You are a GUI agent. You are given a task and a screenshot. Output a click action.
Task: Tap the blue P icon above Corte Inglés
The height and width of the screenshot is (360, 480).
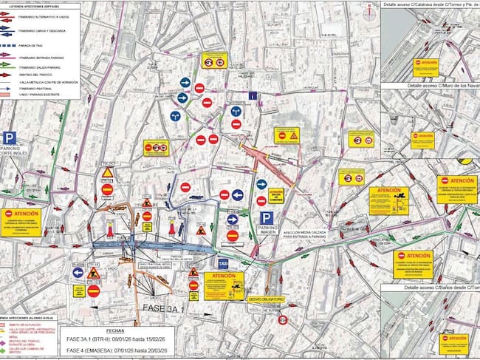click(x=10, y=138)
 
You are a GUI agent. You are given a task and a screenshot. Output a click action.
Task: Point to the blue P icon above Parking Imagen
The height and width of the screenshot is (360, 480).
click(x=267, y=218)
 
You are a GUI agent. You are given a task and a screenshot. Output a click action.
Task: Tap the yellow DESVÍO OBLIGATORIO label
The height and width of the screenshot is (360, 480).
click(x=265, y=300)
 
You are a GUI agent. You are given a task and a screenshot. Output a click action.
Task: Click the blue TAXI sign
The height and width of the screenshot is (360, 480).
click(x=222, y=263)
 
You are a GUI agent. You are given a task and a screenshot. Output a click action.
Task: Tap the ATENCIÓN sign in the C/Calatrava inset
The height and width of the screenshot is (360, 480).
click(x=425, y=64)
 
